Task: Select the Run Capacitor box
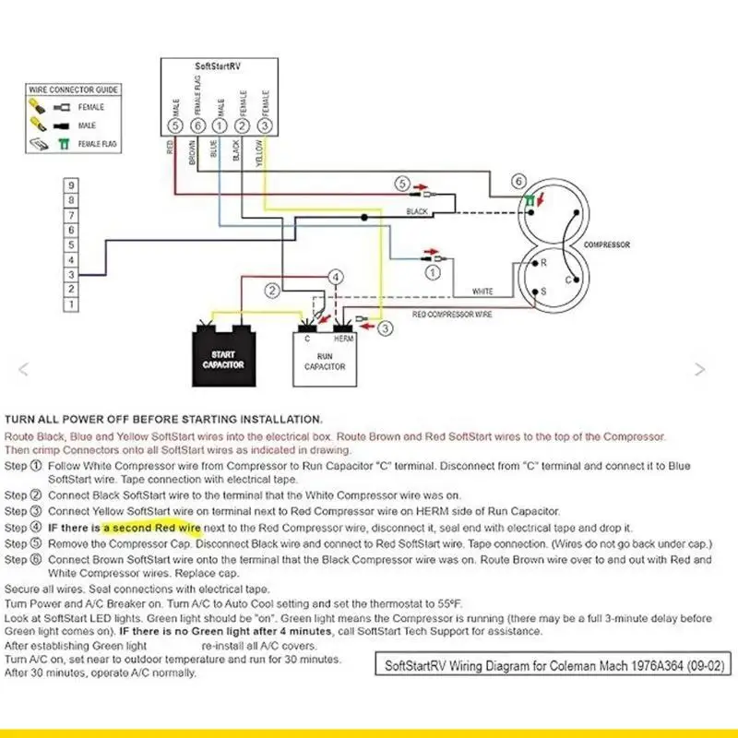click(x=325, y=359)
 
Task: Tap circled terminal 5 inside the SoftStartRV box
click(x=175, y=125)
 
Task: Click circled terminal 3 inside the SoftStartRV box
click(x=265, y=125)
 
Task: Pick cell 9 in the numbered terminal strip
click(x=71, y=185)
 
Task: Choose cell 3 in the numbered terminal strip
click(x=71, y=274)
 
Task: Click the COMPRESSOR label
click(x=607, y=244)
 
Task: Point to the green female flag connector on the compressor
click(x=530, y=200)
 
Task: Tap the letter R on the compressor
click(x=543, y=263)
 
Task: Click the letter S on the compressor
click(x=543, y=292)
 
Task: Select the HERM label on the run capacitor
click(x=343, y=339)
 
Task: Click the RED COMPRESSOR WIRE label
click(x=452, y=314)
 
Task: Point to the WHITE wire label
click(x=482, y=292)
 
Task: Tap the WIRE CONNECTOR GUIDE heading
click(x=74, y=89)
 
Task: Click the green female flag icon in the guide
click(x=63, y=144)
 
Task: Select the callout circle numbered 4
click(x=335, y=277)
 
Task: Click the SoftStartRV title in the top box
click(x=218, y=66)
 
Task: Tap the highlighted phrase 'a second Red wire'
click(x=152, y=528)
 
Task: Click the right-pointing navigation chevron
click(x=700, y=370)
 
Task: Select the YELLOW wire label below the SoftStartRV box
click(x=259, y=153)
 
